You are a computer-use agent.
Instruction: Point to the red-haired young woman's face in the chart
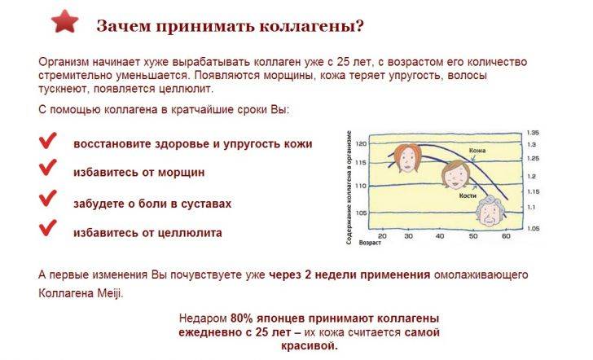(402, 154)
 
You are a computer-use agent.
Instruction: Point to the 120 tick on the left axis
(362, 143)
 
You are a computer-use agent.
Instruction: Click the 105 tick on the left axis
(362, 214)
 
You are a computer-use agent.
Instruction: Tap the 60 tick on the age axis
(506, 236)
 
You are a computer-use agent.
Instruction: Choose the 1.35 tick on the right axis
(534, 132)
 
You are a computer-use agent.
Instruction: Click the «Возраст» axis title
(371, 243)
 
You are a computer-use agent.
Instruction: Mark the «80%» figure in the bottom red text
(242, 317)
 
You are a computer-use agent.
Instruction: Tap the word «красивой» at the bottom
(312, 346)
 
